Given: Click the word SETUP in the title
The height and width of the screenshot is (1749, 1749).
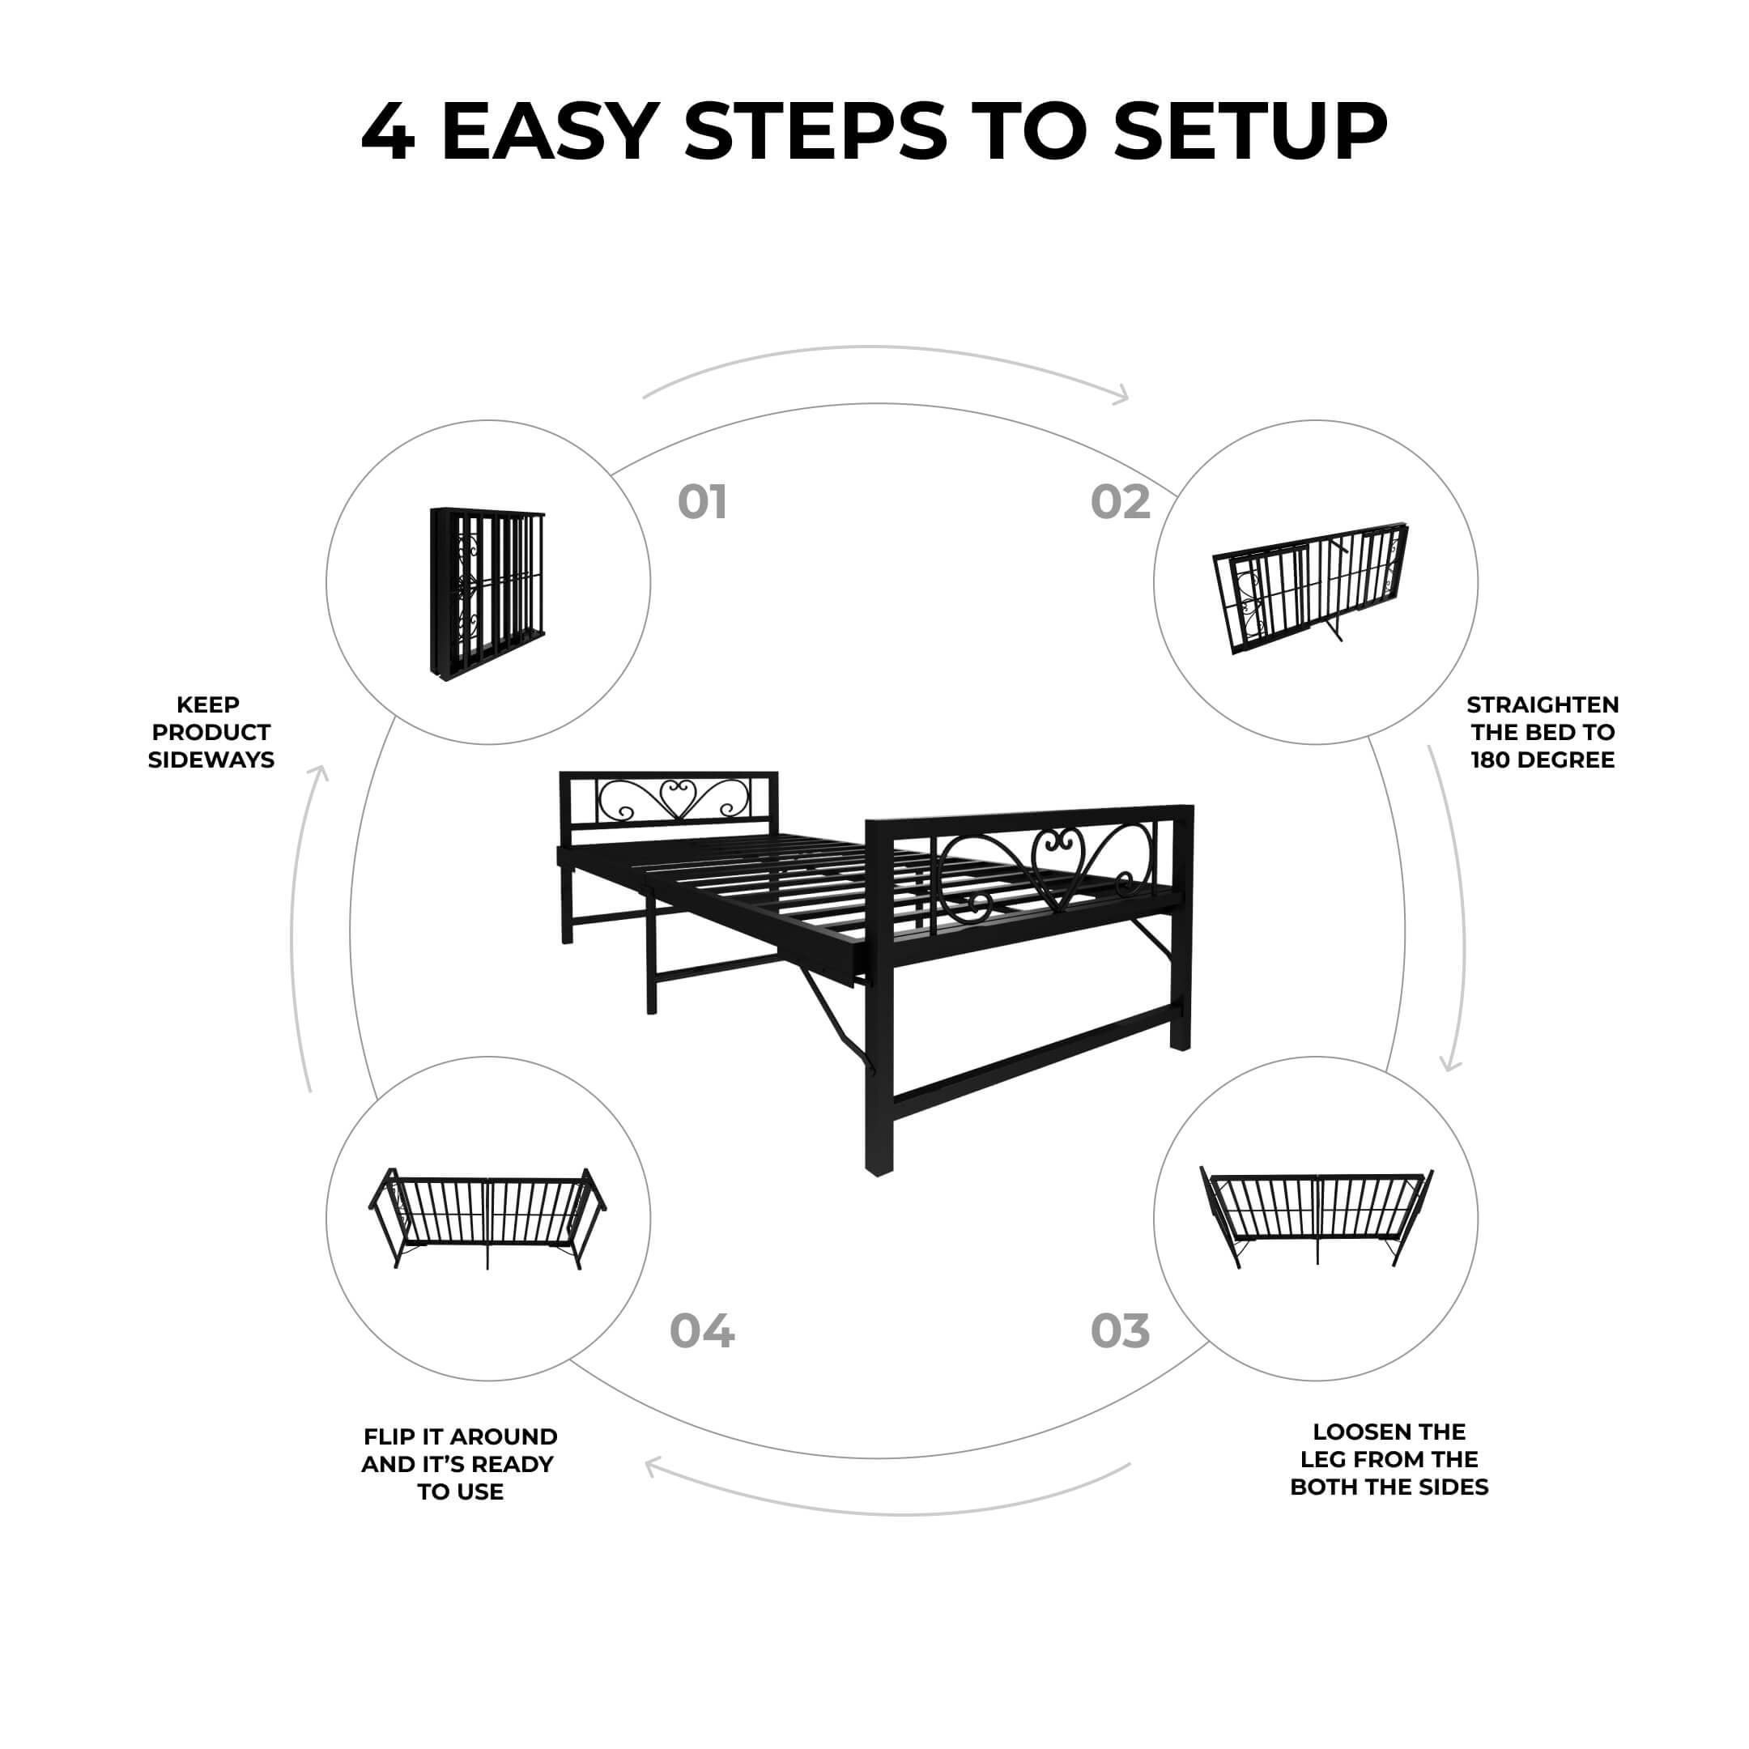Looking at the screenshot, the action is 1250,131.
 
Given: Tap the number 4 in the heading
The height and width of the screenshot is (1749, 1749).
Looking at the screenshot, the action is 389,131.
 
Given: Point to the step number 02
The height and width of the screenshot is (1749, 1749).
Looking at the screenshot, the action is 1120,502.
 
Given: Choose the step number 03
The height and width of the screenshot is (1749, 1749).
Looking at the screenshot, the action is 1120,1330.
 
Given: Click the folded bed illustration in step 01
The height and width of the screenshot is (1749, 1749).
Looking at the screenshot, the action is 487,593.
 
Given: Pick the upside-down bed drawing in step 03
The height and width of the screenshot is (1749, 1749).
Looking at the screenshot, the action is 1317,1215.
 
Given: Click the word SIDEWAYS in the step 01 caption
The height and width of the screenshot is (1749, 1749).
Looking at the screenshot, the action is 211,760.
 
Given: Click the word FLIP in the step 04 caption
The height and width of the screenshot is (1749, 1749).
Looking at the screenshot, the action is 390,1436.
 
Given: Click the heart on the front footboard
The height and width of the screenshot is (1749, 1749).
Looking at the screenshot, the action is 1057,866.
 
